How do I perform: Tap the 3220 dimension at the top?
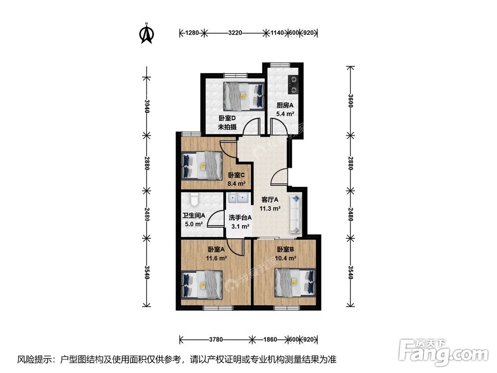[235, 33]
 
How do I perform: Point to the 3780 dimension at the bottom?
[215, 339]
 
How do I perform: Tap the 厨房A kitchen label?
[285, 105]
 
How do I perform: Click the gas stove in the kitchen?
[293, 85]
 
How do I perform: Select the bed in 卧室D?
[243, 95]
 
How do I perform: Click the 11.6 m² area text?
[216, 259]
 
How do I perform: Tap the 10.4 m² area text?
[286, 259]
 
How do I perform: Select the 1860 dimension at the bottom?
[270, 339]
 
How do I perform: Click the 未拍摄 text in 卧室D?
[227, 127]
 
